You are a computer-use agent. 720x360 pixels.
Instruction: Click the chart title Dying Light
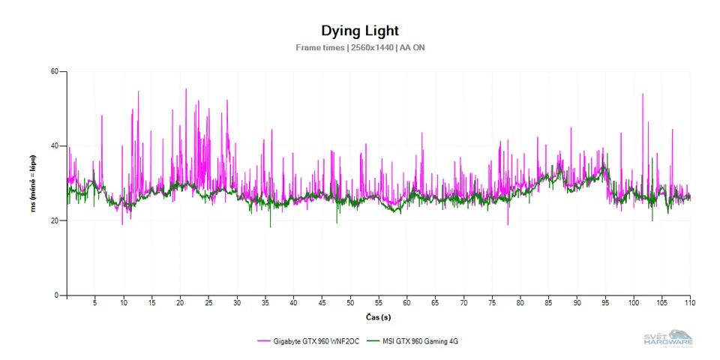click(x=360, y=31)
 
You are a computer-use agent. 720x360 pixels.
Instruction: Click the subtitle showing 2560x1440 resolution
click(x=360, y=47)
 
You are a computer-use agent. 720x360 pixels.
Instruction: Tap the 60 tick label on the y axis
click(x=55, y=72)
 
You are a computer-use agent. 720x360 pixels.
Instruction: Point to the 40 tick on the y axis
click(x=55, y=146)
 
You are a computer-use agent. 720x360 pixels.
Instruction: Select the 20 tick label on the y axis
click(x=55, y=220)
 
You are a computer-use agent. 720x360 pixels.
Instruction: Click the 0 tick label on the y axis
click(x=57, y=295)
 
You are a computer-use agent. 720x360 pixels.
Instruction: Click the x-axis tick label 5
click(x=94, y=303)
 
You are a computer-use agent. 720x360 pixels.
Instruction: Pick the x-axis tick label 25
click(x=208, y=303)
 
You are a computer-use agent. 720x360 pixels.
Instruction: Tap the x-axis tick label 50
click(x=350, y=303)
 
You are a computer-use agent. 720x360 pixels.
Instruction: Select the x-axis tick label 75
click(x=492, y=303)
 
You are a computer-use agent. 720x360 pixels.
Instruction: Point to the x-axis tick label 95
click(x=605, y=303)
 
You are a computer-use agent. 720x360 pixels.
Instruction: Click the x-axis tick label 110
click(x=690, y=303)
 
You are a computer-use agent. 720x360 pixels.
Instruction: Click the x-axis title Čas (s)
click(x=379, y=316)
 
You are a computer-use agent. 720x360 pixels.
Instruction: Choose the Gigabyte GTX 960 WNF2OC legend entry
click(x=308, y=341)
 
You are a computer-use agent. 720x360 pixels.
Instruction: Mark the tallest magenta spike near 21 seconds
click(x=186, y=89)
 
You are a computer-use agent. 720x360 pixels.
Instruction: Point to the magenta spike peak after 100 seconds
click(x=643, y=94)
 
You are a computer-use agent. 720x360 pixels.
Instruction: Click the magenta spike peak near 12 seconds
click(x=139, y=92)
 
